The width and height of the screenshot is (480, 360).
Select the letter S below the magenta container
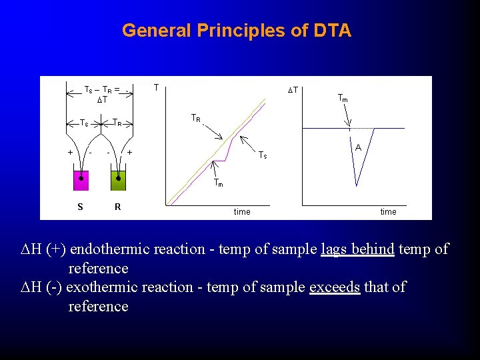click(80, 207)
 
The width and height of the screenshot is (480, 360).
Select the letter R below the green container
click(118, 207)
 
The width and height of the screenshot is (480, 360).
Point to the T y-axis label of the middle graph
click(156, 87)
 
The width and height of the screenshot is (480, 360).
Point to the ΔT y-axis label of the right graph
click(292, 90)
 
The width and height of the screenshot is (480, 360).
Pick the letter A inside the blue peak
click(358, 147)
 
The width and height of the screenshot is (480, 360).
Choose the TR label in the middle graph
click(196, 118)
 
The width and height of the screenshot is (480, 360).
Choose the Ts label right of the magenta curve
click(263, 155)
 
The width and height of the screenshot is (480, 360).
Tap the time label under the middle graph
click(242, 212)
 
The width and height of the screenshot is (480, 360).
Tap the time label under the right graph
click(388, 212)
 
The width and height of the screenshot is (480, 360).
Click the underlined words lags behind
click(357, 249)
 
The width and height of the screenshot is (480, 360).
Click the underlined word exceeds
click(335, 287)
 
